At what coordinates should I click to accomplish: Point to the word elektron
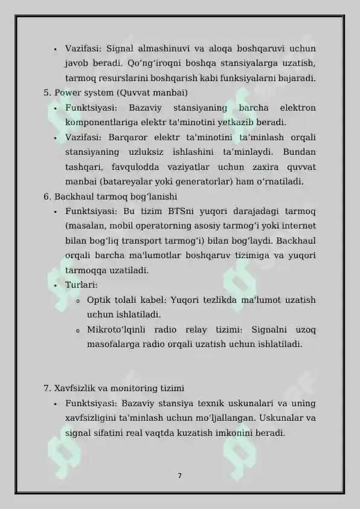point(298,108)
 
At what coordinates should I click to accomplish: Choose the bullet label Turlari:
point(82,285)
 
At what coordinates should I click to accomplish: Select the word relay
point(191,329)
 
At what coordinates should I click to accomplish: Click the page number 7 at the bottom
point(179,475)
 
